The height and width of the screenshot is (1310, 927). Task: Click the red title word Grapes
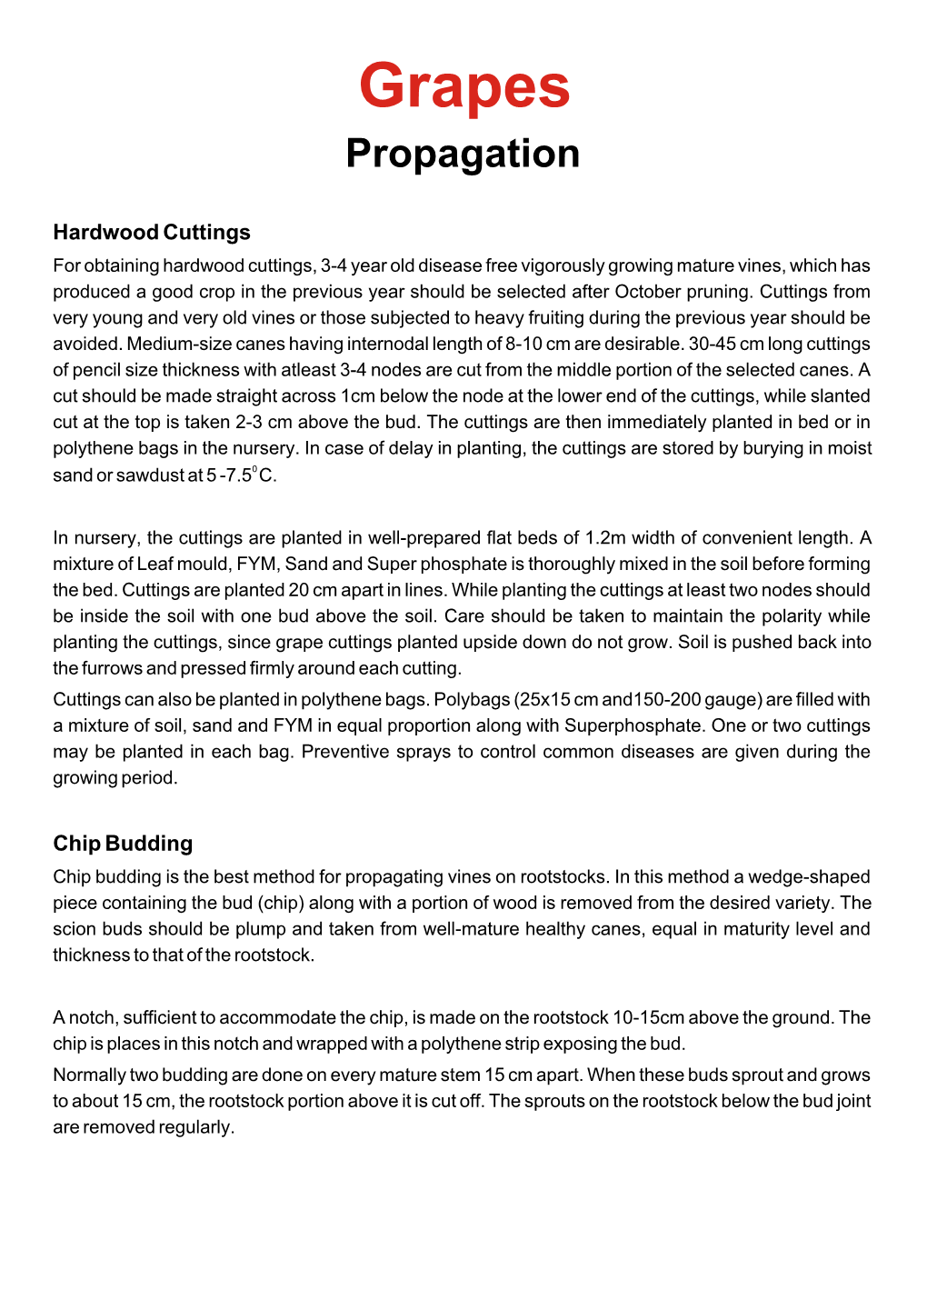click(x=463, y=86)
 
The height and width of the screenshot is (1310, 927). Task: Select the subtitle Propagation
click(x=463, y=154)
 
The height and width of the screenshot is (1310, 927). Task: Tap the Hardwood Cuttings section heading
click(x=152, y=233)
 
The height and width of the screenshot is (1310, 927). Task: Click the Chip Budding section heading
click(x=123, y=844)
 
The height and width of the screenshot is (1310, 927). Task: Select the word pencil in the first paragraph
click(x=98, y=370)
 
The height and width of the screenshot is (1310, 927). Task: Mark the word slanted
click(x=836, y=396)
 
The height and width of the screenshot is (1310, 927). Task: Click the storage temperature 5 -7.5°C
click(x=241, y=475)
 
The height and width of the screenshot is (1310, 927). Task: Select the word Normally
click(x=89, y=1075)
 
